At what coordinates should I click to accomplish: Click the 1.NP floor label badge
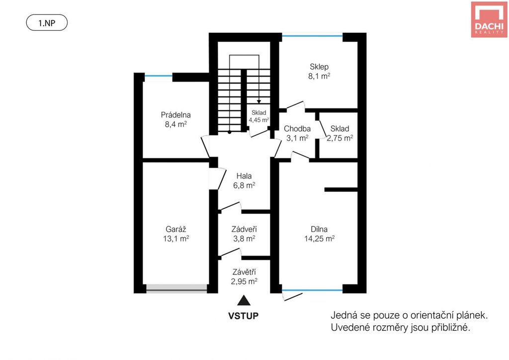click(x=47, y=23)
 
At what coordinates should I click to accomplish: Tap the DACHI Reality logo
click(x=489, y=19)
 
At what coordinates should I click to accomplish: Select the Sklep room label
click(x=319, y=67)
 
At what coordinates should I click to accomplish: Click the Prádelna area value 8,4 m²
click(x=175, y=124)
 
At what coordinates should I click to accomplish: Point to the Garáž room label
click(x=176, y=229)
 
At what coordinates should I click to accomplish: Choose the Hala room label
click(x=244, y=176)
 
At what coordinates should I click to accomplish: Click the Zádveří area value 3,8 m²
click(x=244, y=239)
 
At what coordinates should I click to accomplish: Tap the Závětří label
click(x=244, y=272)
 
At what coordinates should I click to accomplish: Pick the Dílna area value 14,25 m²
click(x=320, y=239)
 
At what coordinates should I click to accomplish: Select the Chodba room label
click(x=297, y=129)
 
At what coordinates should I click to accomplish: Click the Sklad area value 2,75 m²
click(x=340, y=138)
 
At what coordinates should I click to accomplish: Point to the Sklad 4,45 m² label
click(x=258, y=116)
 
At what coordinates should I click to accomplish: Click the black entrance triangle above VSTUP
click(x=244, y=301)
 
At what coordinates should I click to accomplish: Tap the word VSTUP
click(x=244, y=316)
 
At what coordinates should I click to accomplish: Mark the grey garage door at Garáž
click(x=176, y=288)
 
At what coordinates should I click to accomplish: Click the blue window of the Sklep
click(x=312, y=36)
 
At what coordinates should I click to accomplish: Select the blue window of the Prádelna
click(x=159, y=76)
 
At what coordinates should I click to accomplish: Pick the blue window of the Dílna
click(x=312, y=290)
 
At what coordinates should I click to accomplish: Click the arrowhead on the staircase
click(x=259, y=102)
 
